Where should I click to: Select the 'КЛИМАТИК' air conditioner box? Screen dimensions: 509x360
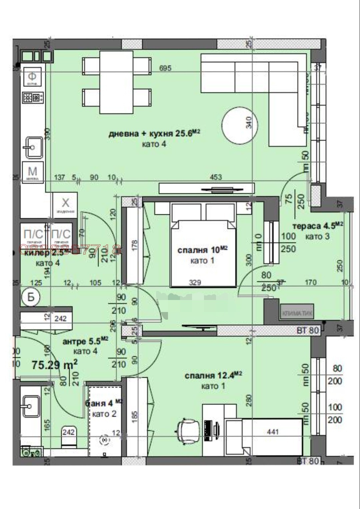click(297, 313)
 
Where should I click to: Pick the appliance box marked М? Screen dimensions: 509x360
click(32, 172)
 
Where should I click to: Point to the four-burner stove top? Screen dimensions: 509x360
click(33, 98)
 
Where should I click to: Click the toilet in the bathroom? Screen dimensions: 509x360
click(69, 436)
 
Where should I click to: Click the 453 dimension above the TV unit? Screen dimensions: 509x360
click(216, 177)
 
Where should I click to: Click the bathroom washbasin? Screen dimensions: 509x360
click(31, 406)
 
